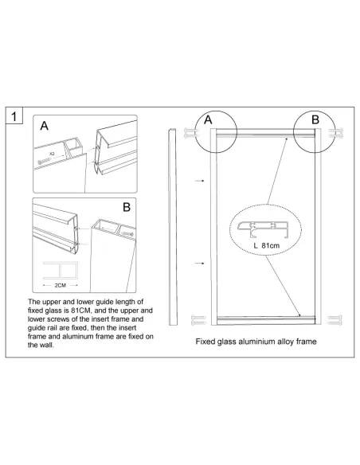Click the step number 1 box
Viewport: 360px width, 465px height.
14,116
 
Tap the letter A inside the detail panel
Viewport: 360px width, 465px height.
44,126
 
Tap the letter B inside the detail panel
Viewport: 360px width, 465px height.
127,207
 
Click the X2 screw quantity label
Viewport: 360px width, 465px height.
52,154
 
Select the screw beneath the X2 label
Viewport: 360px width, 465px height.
44,161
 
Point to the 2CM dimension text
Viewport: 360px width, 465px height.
61,285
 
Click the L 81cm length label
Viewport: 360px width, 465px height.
267,245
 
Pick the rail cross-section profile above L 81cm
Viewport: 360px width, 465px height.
263,229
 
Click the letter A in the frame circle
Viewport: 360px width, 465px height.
208,119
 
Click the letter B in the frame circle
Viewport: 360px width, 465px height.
315,119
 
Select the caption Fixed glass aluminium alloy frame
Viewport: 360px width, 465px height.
256,342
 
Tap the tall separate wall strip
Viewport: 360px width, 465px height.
173,227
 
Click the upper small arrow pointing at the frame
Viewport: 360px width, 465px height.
200,180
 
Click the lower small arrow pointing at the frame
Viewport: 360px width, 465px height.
200,263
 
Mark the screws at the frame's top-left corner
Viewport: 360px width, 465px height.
191,133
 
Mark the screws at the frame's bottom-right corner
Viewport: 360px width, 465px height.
335,320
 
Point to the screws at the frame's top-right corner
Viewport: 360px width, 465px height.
335,132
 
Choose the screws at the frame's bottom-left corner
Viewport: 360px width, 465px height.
198,320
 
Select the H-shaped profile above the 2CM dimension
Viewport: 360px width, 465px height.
61,270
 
